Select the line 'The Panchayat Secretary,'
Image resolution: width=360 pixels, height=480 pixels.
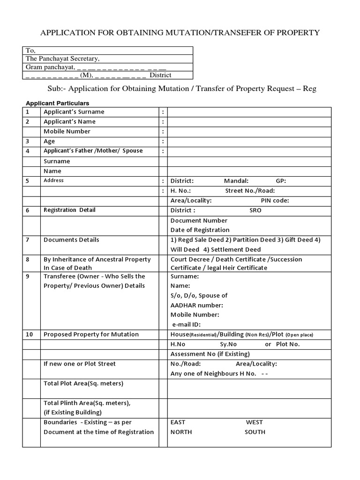(62, 59)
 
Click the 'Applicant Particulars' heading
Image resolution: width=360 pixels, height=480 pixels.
(57, 103)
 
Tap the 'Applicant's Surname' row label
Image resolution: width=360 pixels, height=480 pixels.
(74, 112)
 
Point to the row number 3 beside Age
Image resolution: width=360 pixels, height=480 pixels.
(28, 141)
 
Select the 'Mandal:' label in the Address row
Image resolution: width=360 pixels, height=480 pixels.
(236, 181)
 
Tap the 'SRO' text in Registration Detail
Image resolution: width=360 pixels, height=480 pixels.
(255, 210)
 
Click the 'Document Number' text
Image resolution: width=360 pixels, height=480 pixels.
(199, 220)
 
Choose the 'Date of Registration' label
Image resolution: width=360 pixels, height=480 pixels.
(200, 230)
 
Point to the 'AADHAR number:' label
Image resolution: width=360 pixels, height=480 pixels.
(196, 305)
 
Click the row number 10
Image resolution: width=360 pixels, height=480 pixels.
(29, 335)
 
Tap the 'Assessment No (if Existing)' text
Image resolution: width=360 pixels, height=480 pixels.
(210, 354)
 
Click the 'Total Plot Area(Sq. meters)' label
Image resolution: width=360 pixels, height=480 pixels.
(83, 383)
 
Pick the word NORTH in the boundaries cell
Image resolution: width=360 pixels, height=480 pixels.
(181, 432)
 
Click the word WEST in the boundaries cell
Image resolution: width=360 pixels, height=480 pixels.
(255, 422)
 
